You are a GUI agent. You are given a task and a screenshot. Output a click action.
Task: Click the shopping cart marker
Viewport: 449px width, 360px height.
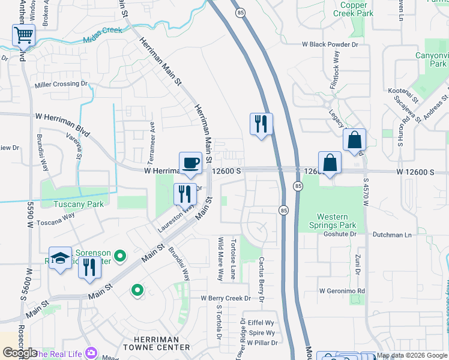coord(23,35)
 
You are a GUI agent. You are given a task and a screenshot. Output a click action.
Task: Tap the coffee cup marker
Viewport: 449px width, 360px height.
coord(190,163)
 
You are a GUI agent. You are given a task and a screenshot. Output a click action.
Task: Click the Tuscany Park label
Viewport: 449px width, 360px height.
coord(78,204)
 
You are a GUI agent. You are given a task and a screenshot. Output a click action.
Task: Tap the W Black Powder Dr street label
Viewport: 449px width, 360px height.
coord(330,44)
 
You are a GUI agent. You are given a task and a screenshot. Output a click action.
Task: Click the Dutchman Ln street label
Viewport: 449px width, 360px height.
coord(392,235)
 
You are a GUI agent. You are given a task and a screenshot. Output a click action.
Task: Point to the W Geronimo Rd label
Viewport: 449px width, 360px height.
coord(342,291)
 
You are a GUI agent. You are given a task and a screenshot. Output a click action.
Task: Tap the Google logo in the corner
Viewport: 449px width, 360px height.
coord(20,353)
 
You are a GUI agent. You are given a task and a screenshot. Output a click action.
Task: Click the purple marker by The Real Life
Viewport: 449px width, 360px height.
coord(91,353)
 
